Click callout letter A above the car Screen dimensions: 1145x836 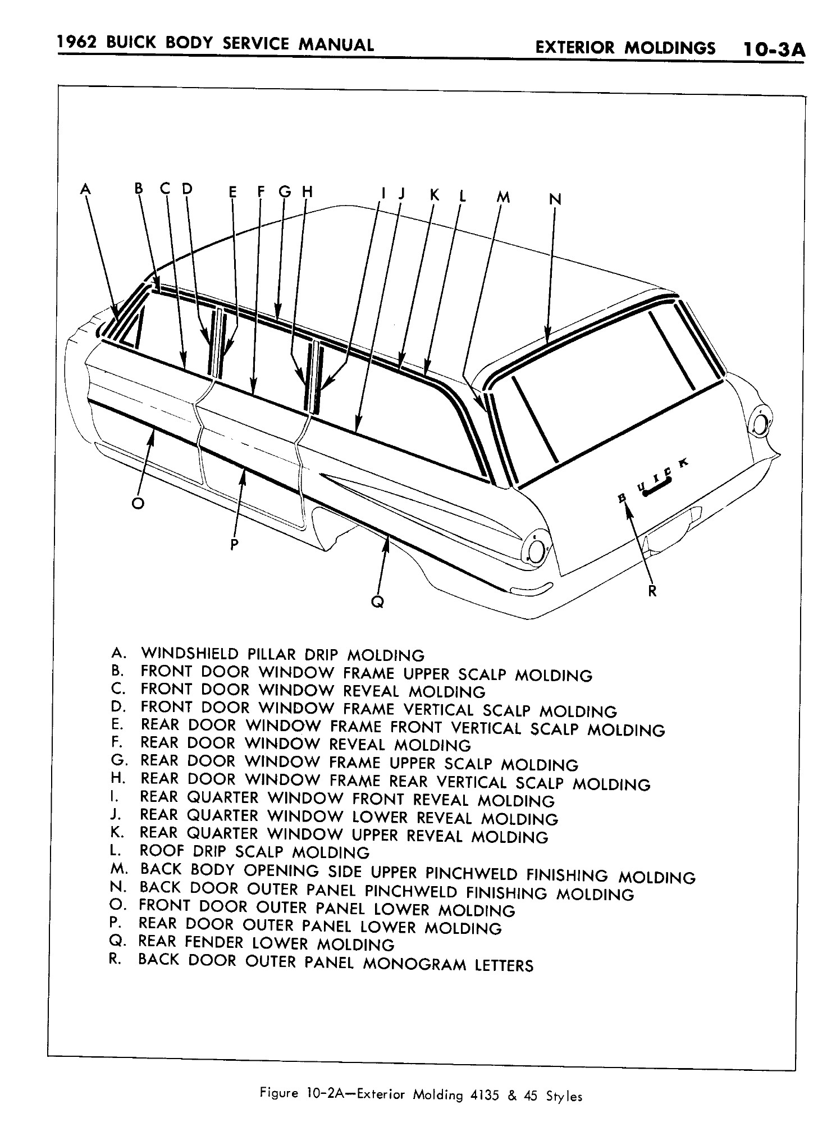coord(85,189)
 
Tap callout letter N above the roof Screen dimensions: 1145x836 coord(554,199)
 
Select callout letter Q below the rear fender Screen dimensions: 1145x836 coord(378,602)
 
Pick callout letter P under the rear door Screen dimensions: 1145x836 coord(235,544)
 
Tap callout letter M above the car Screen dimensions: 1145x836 coord(504,197)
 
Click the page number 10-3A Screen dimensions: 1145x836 coord(774,49)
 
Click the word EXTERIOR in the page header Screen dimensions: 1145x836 coord(575,48)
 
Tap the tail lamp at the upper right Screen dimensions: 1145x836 coord(760,422)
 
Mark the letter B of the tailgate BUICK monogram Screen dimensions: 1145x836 coord(622,498)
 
